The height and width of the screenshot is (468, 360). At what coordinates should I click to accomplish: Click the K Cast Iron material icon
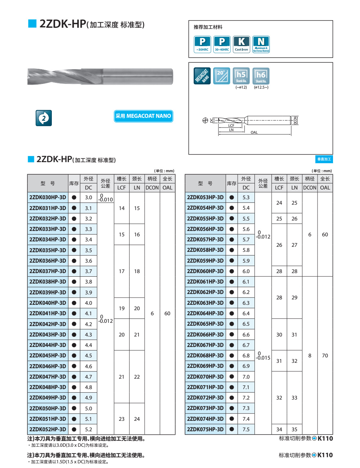tap(241, 44)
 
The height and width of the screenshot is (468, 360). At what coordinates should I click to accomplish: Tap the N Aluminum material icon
tap(261, 44)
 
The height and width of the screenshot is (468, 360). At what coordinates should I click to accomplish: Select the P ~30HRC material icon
tap(202, 44)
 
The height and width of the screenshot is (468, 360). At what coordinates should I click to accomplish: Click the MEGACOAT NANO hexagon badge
tap(202, 76)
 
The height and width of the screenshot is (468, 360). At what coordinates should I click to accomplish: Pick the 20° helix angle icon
tap(221, 76)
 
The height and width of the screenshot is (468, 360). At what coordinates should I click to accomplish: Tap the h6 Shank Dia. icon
tap(261, 76)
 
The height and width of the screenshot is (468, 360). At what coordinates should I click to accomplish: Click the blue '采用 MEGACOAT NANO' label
tap(143, 116)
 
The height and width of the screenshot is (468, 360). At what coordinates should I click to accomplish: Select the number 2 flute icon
tap(44, 118)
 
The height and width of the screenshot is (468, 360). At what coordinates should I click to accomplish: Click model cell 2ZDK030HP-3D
tap(48, 197)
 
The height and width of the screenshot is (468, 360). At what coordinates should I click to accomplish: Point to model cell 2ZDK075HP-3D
tap(205, 429)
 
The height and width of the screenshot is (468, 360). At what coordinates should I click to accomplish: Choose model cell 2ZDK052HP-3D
tap(48, 429)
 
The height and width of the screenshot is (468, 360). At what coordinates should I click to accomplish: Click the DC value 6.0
tap(246, 271)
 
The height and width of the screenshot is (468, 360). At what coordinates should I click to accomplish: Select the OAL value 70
tap(325, 356)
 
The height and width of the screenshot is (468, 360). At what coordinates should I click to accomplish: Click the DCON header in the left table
tap(152, 188)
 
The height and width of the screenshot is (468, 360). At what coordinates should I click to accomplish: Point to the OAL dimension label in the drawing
tap(254, 132)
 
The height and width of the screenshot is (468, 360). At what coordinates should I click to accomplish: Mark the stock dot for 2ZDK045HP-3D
tap(74, 356)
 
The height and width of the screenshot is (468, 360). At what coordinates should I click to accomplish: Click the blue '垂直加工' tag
tap(324, 159)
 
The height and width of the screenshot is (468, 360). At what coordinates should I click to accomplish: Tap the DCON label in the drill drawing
tap(295, 120)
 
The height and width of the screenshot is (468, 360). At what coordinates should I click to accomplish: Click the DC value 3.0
tap(89, 197)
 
